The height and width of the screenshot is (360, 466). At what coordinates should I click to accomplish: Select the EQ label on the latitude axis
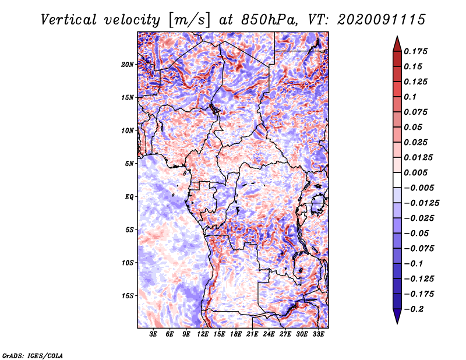[129, 197]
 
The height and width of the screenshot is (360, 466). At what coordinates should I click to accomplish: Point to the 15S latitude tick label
[128, 296]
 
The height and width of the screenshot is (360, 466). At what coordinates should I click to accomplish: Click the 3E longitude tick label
[154, 334]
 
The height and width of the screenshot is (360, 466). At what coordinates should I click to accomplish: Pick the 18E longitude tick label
[236, 334]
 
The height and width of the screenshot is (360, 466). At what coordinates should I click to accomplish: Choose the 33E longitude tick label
[318, 334]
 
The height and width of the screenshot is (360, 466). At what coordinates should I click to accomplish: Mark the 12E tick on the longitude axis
[203, 334]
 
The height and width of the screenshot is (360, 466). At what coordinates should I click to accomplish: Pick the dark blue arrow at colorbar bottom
[397, 318]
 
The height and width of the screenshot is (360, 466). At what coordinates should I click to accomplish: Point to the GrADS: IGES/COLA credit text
[33, 355]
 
